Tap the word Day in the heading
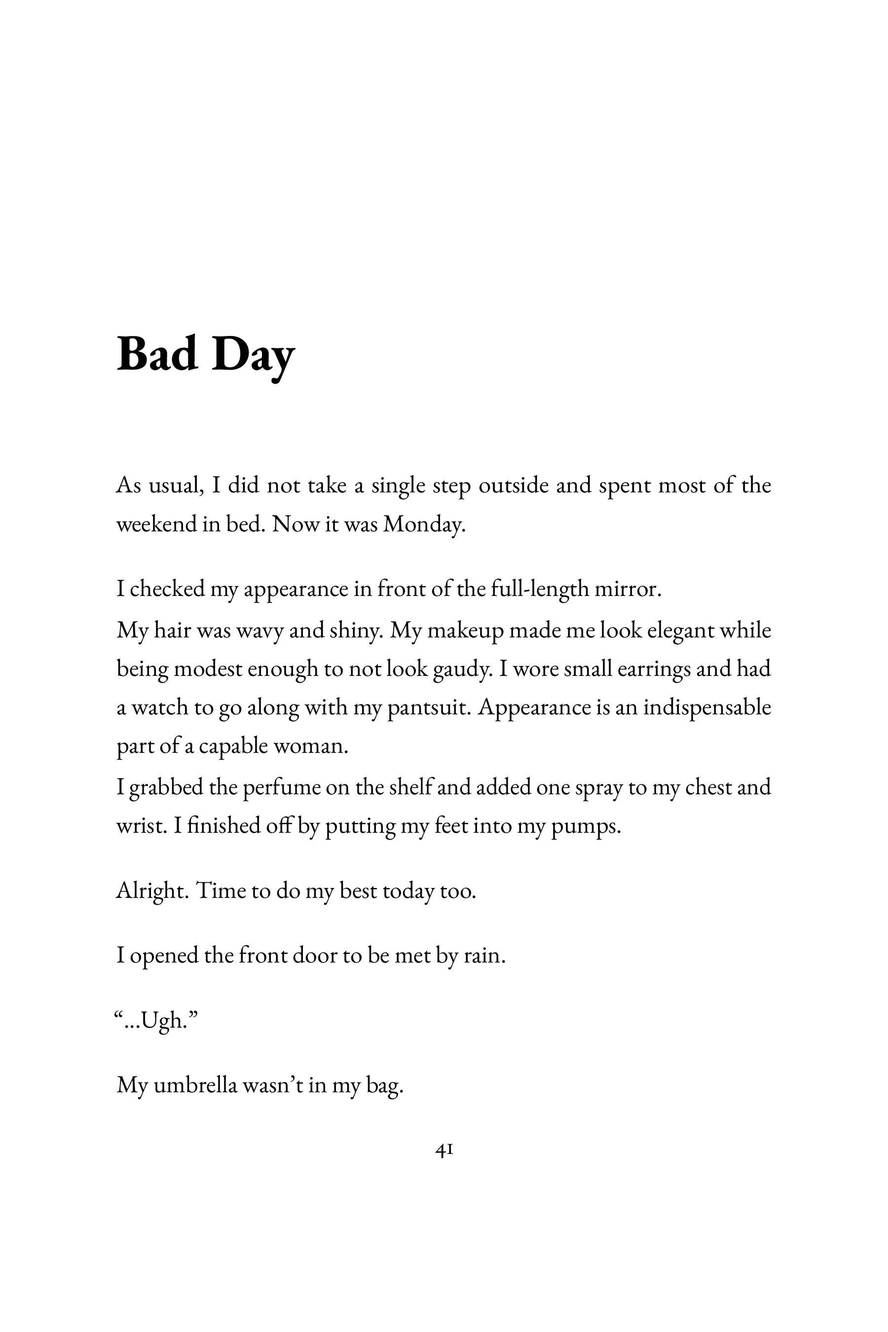(253, 356)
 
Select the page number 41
(444, 1150)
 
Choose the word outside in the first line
(514, 486)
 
